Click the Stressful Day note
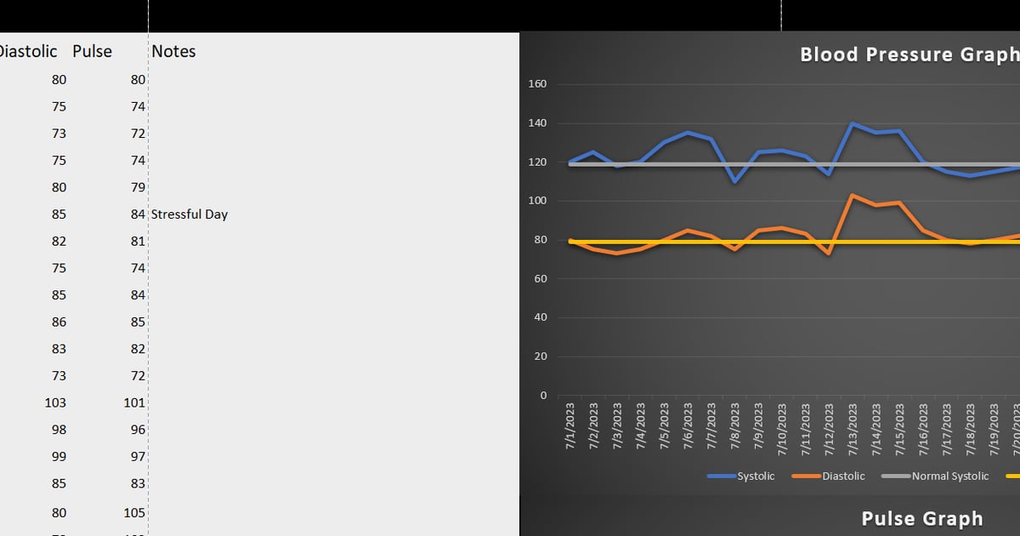coord(189,214)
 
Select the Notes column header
coord(173,51)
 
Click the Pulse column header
coord(92,51)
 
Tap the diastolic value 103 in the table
coord(55,402)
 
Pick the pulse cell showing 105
coord(134,513)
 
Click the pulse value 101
coord(134,402)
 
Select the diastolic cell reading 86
coord(58,322)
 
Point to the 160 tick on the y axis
coord(537,84)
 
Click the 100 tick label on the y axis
coord(537,201)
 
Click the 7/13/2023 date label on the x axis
coord(853,427)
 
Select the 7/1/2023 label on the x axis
coord(570,427)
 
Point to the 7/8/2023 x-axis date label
coord(735,427)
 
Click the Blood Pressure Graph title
coord(909,54)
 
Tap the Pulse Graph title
coord(922,518)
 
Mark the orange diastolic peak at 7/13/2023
coord(853,195)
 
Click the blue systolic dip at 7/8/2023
coord(734,181)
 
